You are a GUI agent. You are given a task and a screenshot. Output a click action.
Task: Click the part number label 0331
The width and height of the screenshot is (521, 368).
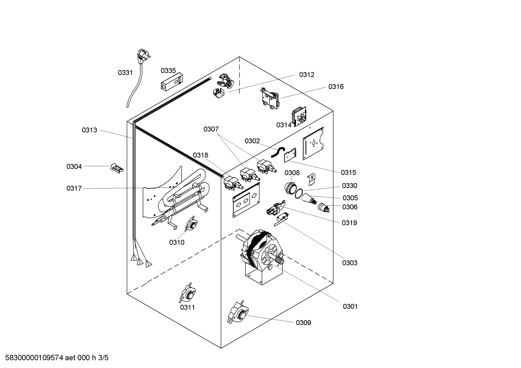(x=125, y=73)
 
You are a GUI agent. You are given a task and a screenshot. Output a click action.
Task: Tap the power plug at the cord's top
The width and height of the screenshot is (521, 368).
(x=143, y=56)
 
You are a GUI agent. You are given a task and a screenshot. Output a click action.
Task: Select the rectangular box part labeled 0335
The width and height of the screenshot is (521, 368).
(x=172, y=82)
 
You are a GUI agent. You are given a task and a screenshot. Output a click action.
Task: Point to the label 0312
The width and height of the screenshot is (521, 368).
(x=306, y=75)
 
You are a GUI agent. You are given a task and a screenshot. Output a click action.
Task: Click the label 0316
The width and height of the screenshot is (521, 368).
(x=336, y=87)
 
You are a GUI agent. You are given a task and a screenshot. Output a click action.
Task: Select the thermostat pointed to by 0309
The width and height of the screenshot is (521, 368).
(x=238, y=311)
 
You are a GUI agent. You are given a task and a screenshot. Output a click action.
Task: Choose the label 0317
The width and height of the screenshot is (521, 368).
(x=74, y=188)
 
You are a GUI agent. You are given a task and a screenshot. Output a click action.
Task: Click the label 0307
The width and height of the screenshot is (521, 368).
(x=211, y=129)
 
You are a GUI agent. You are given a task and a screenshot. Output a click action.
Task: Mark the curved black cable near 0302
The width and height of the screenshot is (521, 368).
(x=277, y=152)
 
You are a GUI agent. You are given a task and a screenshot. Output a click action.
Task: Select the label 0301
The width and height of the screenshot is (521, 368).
(x=350, y=307)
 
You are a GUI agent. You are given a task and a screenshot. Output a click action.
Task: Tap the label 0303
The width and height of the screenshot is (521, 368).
(x=350, y=263)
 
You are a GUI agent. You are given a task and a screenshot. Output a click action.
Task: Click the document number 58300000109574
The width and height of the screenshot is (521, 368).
(x=34, y=358)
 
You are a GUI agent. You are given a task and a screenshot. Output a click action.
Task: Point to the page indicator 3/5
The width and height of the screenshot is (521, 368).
(x=103, y=358)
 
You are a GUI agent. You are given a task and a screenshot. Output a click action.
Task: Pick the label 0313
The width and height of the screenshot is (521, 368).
(x=89, y=130)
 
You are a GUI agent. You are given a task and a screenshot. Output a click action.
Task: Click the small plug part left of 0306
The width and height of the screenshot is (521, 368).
(x=323, y=207)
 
